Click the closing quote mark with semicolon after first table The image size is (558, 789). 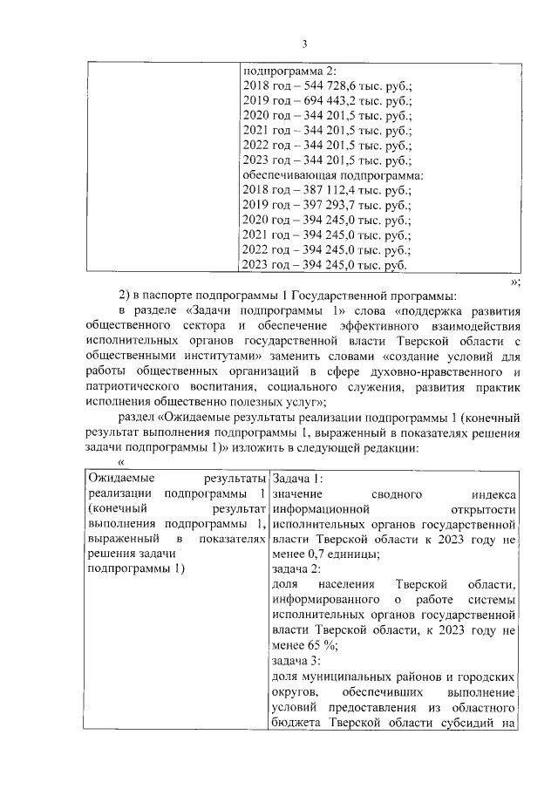tap(514, 282)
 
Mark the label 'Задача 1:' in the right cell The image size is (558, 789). tap(297, 479)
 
